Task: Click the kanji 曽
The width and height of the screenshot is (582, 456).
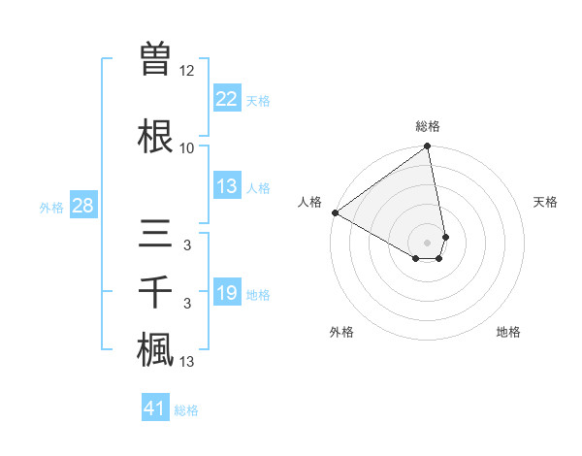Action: point(156,59)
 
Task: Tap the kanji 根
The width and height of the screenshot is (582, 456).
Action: point(156,137)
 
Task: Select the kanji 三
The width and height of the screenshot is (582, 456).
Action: point(156,235)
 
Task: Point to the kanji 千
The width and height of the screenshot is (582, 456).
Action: point(156,293)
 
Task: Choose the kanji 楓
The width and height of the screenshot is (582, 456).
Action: point(156,351)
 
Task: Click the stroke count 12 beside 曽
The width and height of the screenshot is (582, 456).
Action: point(187,71)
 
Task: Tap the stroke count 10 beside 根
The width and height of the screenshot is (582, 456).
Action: point(187,148)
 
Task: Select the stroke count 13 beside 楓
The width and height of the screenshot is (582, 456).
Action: point(187,362)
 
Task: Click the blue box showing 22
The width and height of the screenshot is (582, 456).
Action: point(227,99)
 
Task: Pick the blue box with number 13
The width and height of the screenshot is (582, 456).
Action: point(227,187)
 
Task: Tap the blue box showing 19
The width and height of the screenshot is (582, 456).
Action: point(227,293)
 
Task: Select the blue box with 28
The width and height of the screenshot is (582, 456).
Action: point(82,206)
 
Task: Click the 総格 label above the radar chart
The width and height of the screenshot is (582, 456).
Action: point(428,126)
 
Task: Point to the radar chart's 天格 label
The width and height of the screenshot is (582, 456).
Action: point(545,202)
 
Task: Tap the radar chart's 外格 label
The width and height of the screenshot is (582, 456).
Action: point(341,332)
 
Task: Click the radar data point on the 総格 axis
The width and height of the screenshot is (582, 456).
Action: point(428,147)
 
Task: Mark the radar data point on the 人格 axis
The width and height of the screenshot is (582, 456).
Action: point(335,212)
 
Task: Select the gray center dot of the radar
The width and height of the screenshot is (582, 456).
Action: point(428,242)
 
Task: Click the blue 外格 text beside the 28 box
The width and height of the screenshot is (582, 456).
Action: point(51,207)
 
